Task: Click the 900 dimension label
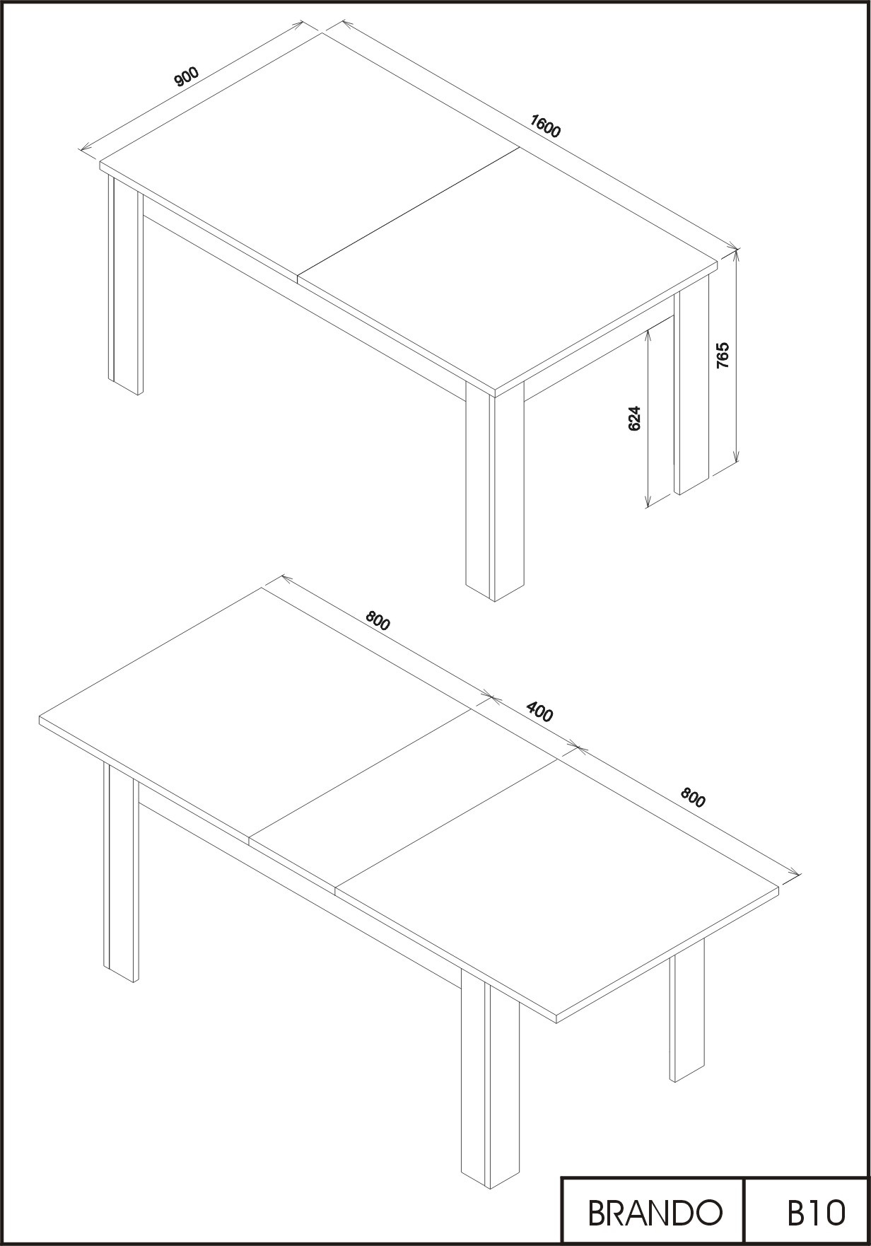click(187, 76)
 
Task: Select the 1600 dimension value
click(545, 127)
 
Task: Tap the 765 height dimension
click(723, 356)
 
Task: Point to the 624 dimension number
click(634, 418)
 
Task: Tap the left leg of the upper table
click(125, 283)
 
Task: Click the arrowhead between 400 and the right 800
click(575, 746)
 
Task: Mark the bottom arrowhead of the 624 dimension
click(648, 501)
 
